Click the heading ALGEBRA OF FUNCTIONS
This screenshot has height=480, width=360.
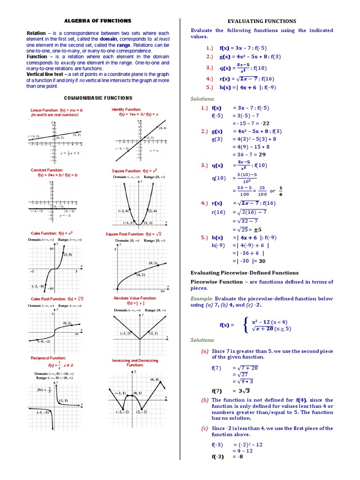[x=97, y=21]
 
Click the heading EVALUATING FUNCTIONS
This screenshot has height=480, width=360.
[x=262, y=21]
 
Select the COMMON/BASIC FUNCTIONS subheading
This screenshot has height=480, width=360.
[x=98, y=98]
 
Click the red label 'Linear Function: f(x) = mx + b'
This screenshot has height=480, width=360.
[x=57, y=110]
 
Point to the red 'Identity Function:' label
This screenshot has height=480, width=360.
[x=126, y=109]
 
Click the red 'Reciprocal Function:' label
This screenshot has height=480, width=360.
[x=48, y=358]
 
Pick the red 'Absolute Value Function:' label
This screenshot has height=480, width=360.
[x=135, y=298]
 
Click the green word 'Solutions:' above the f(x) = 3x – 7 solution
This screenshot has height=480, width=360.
[x=202, y=99]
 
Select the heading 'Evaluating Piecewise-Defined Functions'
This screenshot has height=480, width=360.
[x=244, y=272]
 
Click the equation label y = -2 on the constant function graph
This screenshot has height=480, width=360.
[x=66, y=216]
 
